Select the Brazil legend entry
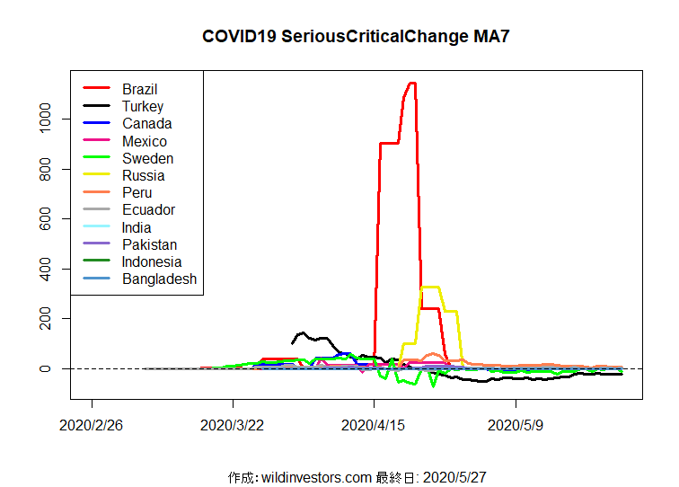pos(139,89)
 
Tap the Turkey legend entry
pos(143,106)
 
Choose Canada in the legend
pos(146,123)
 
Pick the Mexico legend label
pos(144,141)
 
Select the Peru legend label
pos(137,192)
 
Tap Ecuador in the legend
pos(148,209)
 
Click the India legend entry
pos(137,227)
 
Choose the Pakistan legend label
pos(149,244)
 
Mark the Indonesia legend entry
pos(152,261)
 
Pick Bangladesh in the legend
pos(159,279)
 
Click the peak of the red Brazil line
pos(411,83)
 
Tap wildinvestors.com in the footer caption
pos(317,476)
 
